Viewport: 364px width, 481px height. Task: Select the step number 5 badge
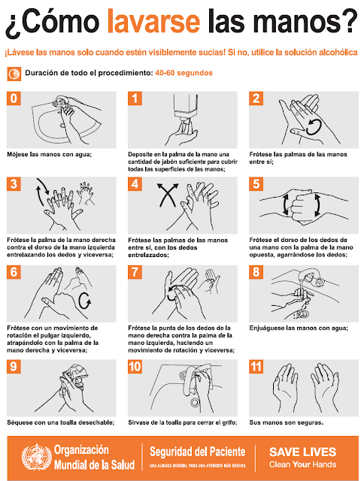coord(256,184)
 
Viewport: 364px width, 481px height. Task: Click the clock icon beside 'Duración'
coord(14,74)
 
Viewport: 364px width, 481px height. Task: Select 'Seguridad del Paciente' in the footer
coord(197,451)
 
